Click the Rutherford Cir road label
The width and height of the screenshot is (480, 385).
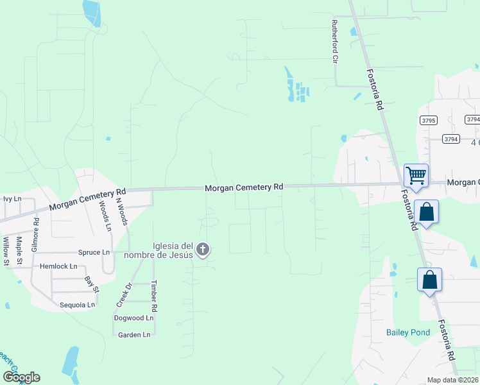[334, 41]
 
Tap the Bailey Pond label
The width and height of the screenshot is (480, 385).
[408, 332]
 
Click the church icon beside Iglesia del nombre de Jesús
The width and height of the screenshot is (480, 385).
[203, 250]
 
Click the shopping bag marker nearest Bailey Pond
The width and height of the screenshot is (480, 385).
[429, 280]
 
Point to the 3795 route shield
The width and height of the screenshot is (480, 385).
[429, 120]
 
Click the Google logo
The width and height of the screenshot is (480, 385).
[21, 377]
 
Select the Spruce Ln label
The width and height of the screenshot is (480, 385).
[94, 252]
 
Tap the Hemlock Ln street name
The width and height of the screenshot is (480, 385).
[58, 266]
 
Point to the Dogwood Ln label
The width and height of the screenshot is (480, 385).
[134, 318]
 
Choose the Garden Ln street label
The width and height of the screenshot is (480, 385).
[134, 334]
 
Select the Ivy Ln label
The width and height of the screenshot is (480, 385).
[12, 199]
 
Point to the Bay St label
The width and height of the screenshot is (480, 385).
[92, 285]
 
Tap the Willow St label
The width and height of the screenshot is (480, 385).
[6, 251]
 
